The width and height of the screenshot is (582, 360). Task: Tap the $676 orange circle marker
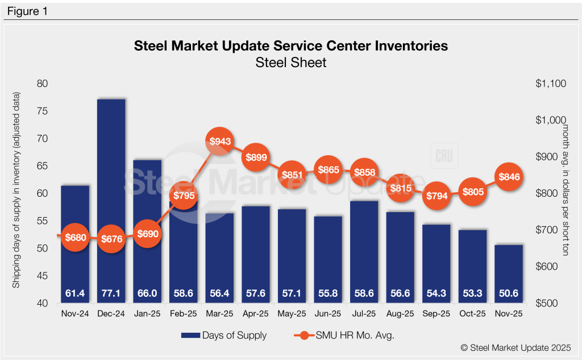[111, 238]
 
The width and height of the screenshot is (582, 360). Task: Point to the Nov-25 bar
[509, 273]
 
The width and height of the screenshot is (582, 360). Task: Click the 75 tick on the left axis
[43, 111]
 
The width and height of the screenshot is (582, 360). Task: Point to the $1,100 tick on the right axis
[551, 84]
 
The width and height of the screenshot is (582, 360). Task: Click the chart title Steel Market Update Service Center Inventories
[290, 45]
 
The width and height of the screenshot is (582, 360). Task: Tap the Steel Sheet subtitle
[290, 62]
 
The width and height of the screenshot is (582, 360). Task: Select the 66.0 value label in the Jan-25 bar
[147, 294]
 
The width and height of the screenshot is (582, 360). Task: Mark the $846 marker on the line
[509, 176]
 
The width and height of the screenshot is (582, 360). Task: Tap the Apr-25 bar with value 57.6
[256, 250]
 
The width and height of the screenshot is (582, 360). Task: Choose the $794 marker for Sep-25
[436, 196]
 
